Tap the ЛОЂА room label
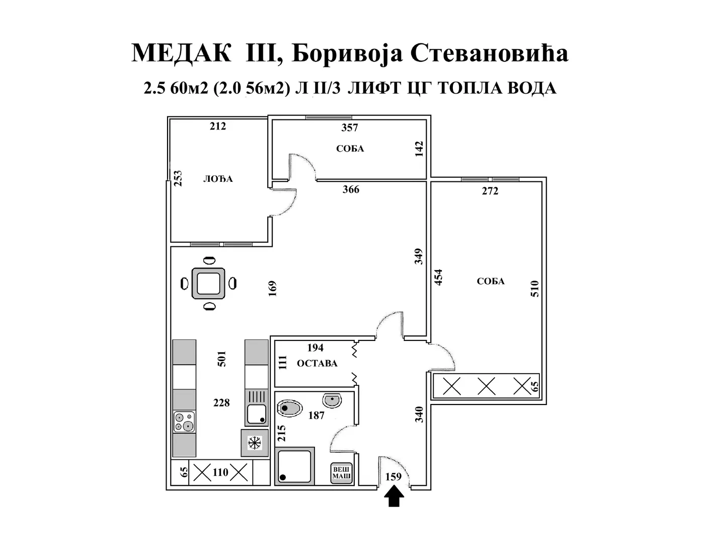pyautogui.click(x=218, y=179)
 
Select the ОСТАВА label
pyautogui.click(x=317, y=363)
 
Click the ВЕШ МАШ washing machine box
pyautogui.click(x=341, y=474)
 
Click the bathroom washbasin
pyautogui.click(x=332, y=400)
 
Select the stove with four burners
pyautogui.click(x=184, y=422)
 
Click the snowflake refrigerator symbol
pyautogui.click(x=255, y=443)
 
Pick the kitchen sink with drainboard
pyautogui.click(x=257, y=407)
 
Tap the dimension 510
pyautogui.click(x=534, y=289)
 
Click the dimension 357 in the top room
pyautogui.click(x=350, y=128)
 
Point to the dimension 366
pyautogui.click(x=351, y=189)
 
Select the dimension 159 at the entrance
pyautogui.click(x=394, y=477)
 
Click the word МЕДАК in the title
pyautogui.click(x=182, y=53)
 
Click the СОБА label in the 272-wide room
pyautogui.click(x=491, y=282)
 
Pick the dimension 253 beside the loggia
pyautogui.click(x=178, y=179)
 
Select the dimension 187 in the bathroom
pyautogui.click(x=316, y=416)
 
